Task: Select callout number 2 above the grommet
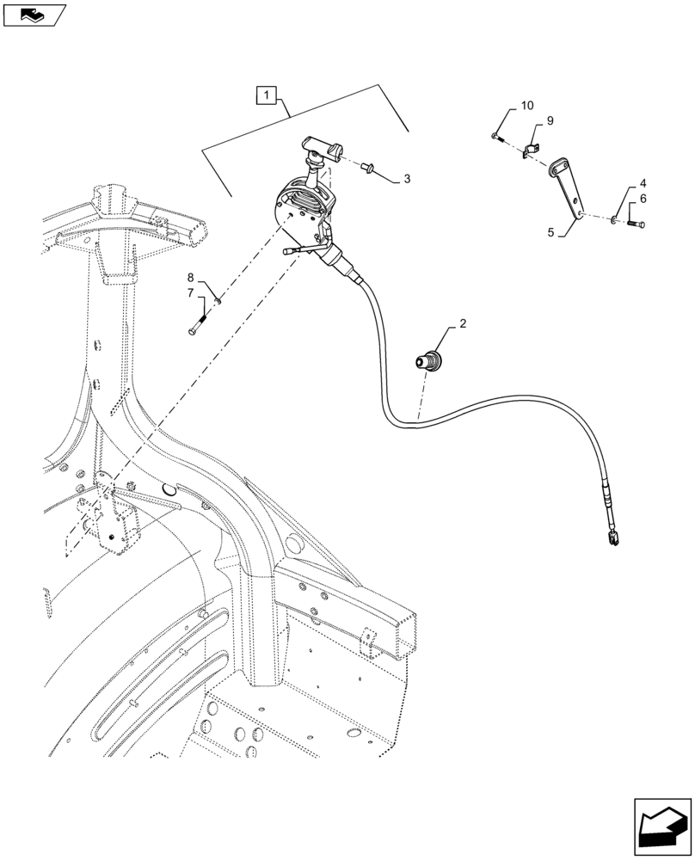tap(462, 324)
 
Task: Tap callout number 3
tap(407, 180)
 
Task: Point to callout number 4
tap(642, 185)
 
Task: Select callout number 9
tap(549, 121)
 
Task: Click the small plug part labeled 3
tap(371, 167)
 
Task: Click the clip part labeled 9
tap(533, 151)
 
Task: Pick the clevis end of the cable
tap(612, 539)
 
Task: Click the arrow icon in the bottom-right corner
tap(661, 826)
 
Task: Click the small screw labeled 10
tap(499, 137)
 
